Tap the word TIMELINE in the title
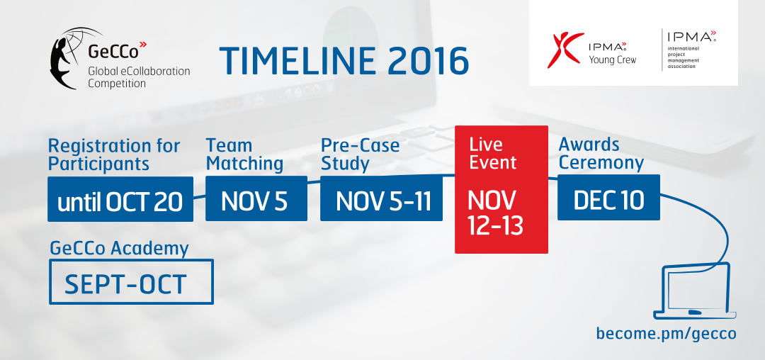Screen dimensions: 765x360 298,61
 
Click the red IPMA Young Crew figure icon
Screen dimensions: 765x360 565,50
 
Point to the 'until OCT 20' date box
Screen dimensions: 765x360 120,199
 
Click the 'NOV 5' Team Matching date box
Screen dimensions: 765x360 256,198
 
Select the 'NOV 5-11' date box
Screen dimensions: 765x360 381,198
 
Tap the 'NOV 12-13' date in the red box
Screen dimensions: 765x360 495,213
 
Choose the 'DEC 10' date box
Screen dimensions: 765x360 608,197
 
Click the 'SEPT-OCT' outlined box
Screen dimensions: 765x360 131,282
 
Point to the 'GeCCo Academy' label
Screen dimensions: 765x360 119,249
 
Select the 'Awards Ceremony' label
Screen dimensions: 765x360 601,154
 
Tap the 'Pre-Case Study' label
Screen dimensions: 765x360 360,154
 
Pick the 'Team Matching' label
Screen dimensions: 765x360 244,154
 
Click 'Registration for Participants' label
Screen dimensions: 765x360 114,154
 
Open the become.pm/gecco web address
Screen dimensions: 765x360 666,333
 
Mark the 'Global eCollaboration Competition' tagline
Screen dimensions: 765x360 139,77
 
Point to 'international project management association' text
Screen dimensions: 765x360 684,57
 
